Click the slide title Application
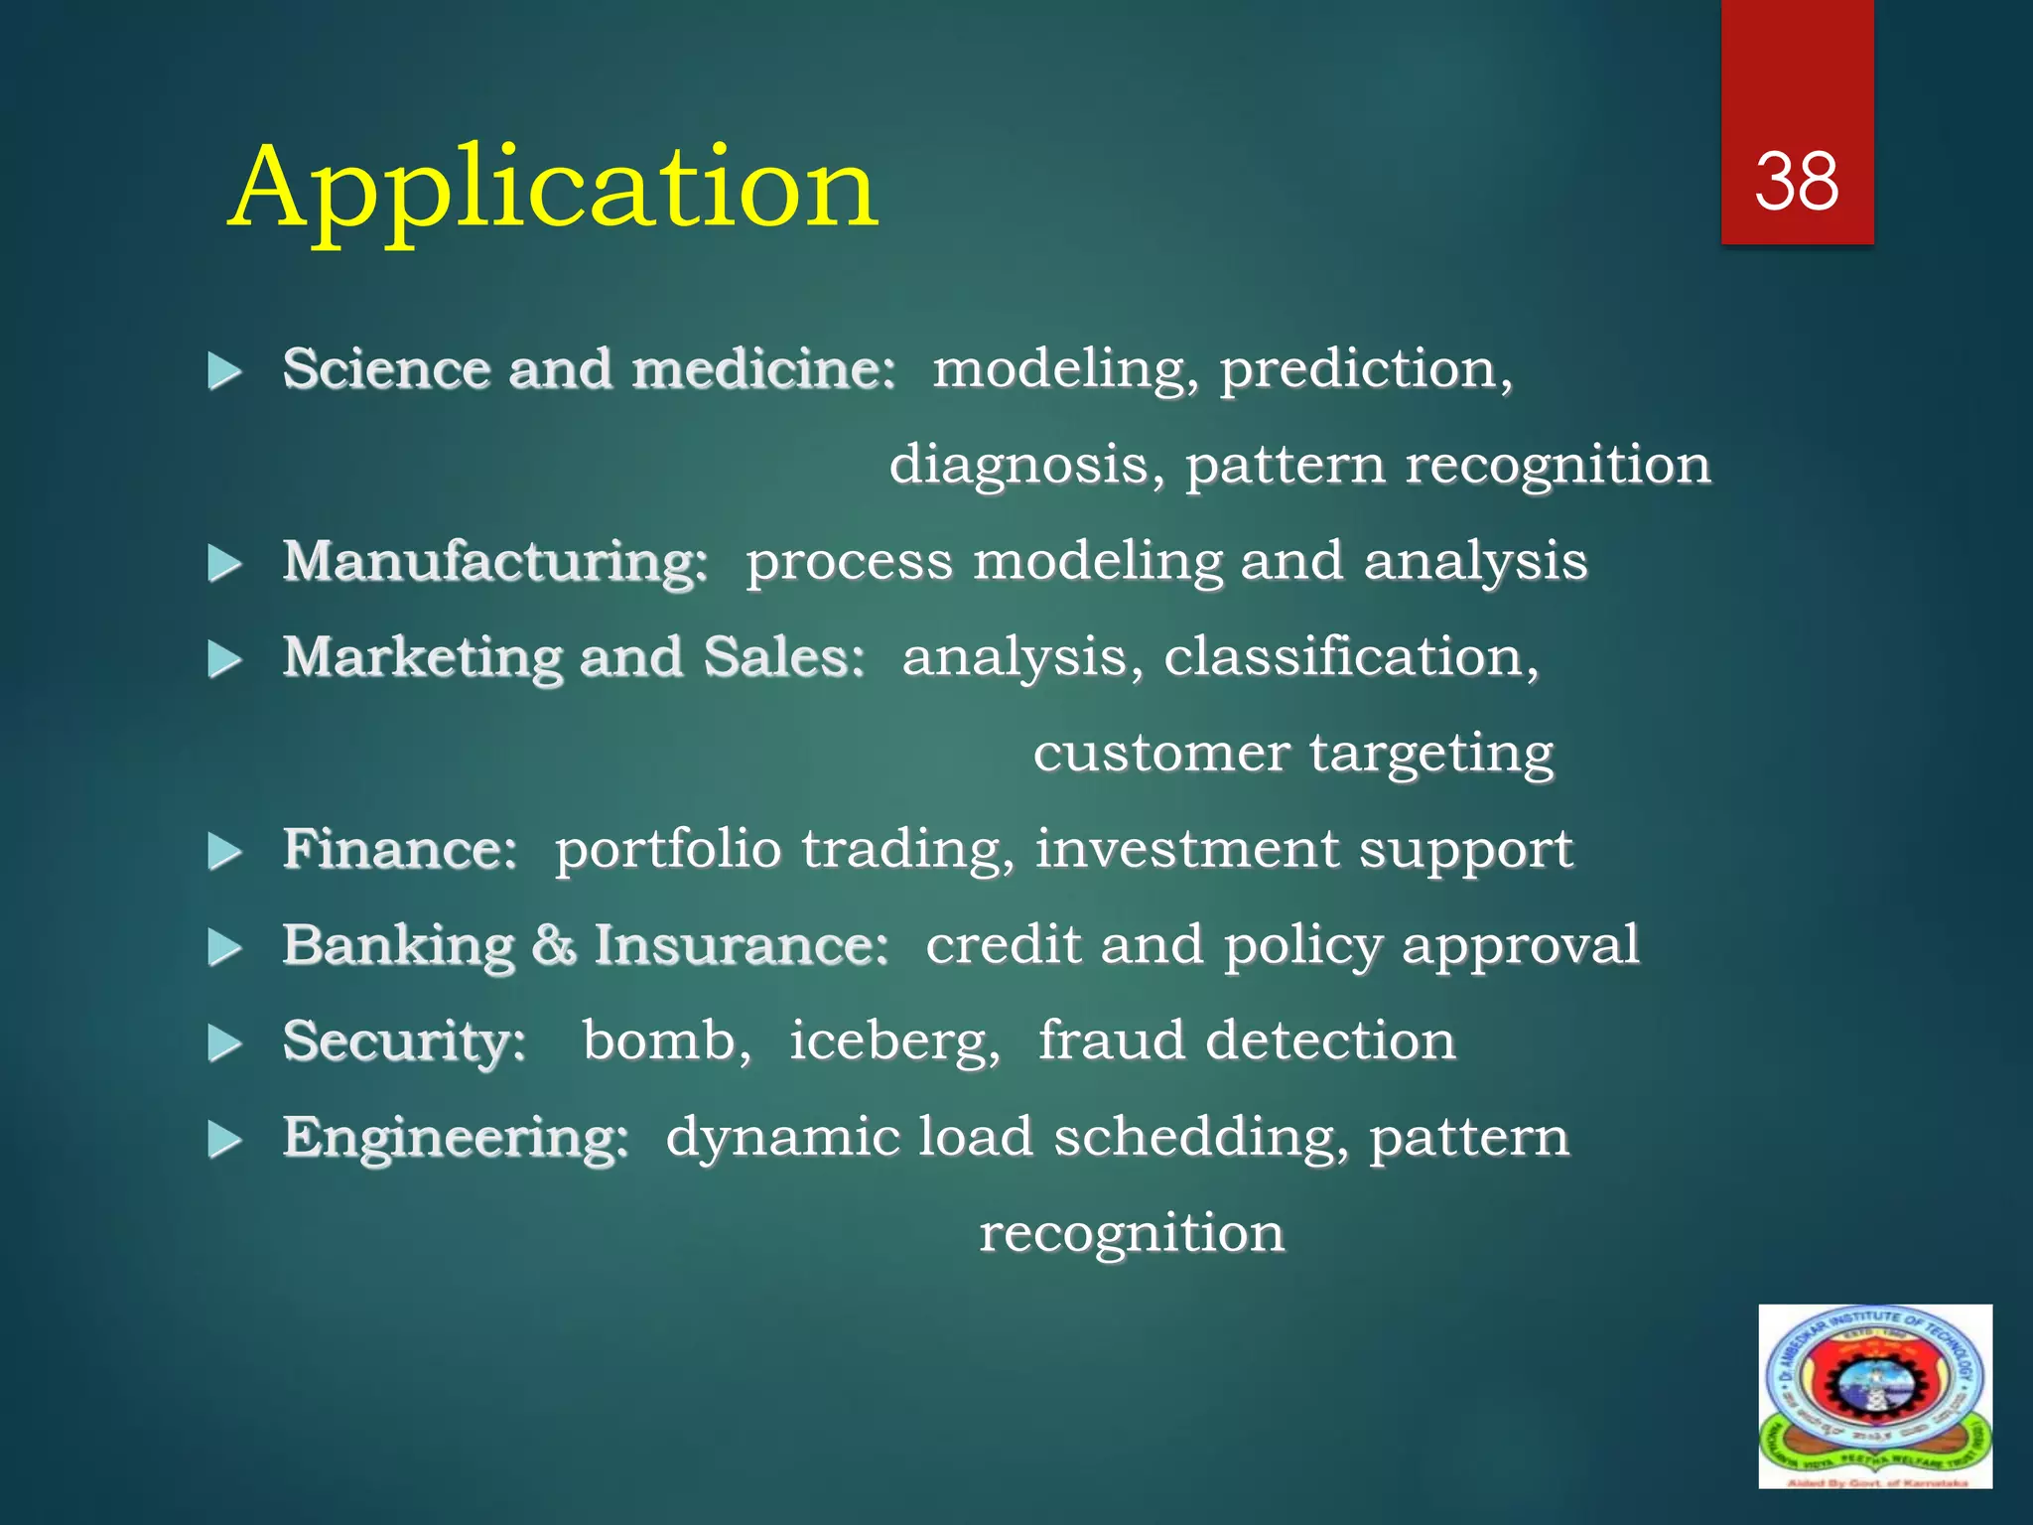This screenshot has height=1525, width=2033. tap(553, 189)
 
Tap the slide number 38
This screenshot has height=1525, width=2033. tap(1796, 182)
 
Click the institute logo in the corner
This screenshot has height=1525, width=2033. tap(1874, 1396)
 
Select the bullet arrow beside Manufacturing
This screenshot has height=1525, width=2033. tap(225, 564)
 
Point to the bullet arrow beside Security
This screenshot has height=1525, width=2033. tap(225, 1043)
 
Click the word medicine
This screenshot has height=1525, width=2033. tap(763, 369)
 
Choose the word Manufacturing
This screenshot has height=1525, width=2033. tap(494, 561)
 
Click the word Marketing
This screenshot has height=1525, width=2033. tap(421, 657)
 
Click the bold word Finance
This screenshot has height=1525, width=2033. tap(399, 850)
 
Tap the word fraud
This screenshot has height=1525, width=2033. tap(1111, 1040)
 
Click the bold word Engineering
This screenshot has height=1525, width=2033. tap(455, 1138)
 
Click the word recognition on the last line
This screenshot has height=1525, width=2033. tap(1132, 1234)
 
